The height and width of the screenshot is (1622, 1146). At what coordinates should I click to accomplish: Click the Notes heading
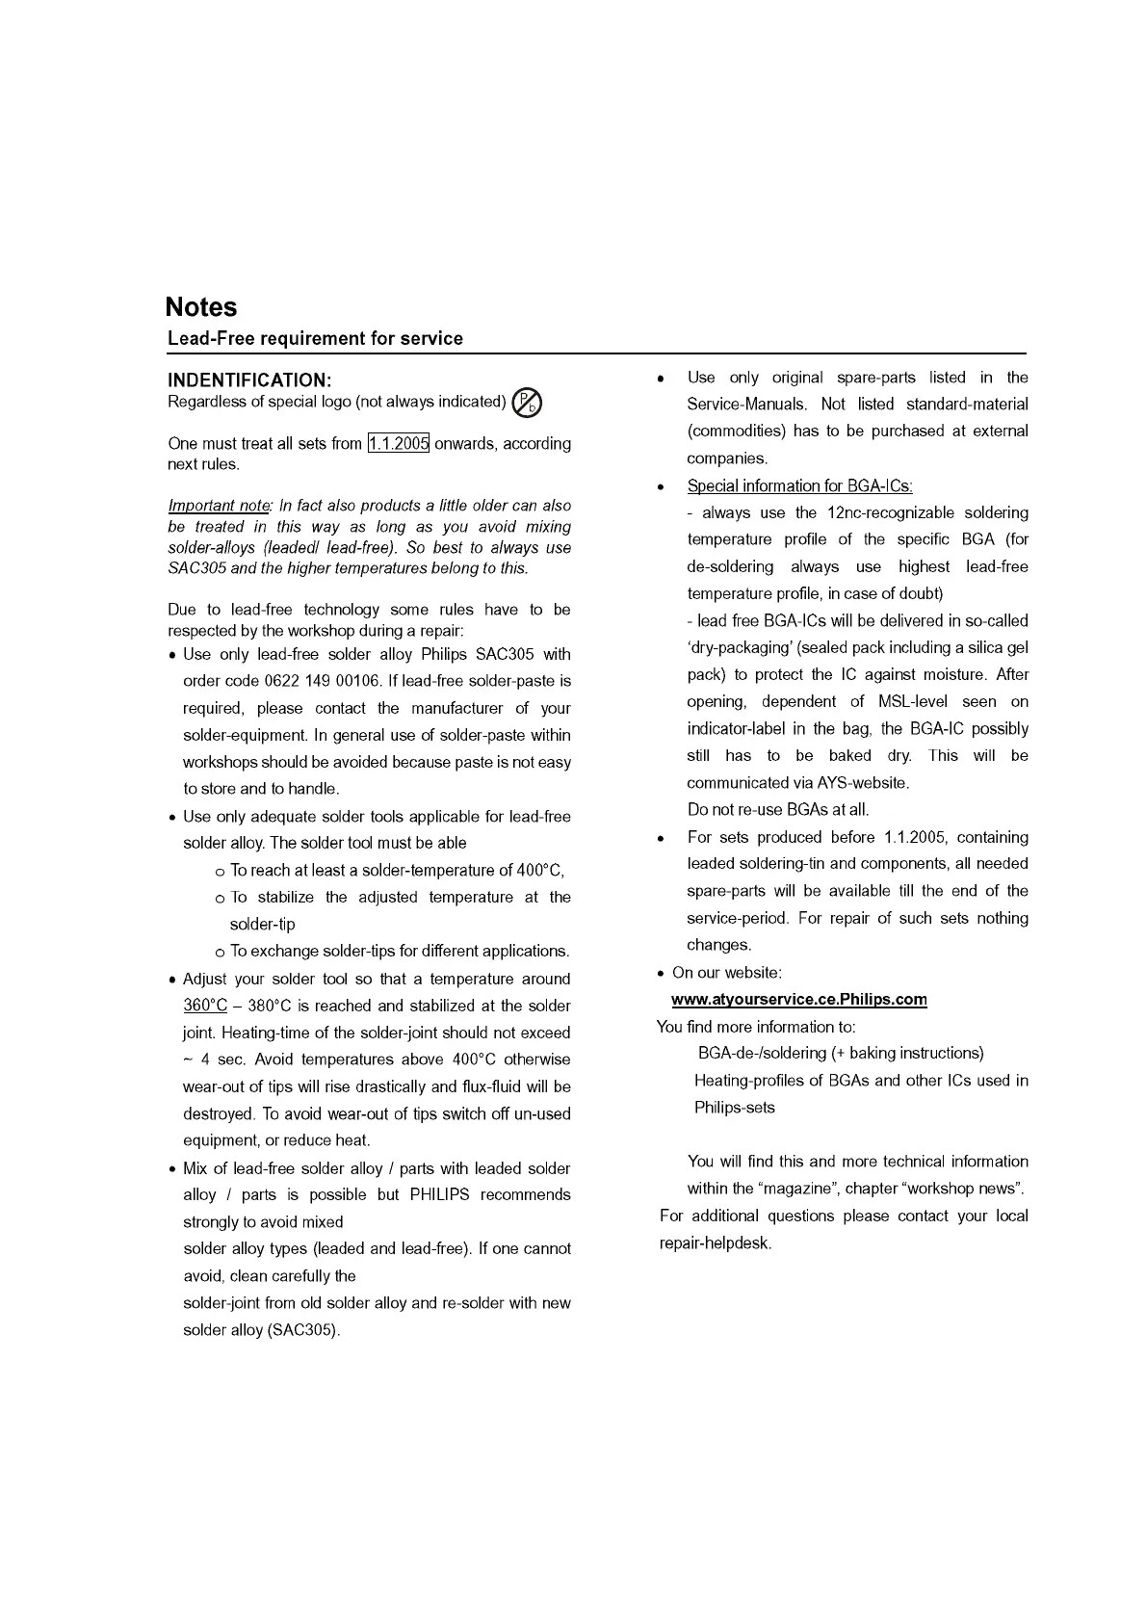click(200, 307)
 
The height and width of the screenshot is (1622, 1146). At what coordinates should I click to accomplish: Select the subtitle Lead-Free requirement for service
click(315, 339)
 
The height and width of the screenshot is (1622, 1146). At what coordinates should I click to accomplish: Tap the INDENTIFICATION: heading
click(249, 380)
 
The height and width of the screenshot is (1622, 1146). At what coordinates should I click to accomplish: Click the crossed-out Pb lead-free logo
click(527, 403)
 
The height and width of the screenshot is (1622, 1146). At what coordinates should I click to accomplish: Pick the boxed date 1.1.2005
click(398, 444)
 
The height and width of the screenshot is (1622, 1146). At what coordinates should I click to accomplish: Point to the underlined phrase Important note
click(219, 506)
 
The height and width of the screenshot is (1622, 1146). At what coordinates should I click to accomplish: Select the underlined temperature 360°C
click(205, 1007)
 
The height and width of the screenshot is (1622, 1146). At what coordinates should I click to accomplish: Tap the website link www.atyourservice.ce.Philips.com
click(798, 1000)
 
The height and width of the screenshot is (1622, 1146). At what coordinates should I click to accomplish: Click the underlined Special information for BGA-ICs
click(799, 486)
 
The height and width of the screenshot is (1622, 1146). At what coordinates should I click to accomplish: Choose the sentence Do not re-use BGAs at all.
click(778, 810)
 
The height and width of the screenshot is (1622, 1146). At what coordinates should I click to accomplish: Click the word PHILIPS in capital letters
click(439, 1195)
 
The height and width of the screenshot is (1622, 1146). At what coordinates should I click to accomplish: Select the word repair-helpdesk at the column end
click(715, 1243)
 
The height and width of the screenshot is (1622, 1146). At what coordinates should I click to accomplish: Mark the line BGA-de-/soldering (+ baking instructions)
click(840, 1054)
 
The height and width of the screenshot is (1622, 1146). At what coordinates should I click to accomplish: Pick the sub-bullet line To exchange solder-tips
click(399, 952)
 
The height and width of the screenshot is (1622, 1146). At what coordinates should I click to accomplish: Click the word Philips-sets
click(734, 1108)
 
